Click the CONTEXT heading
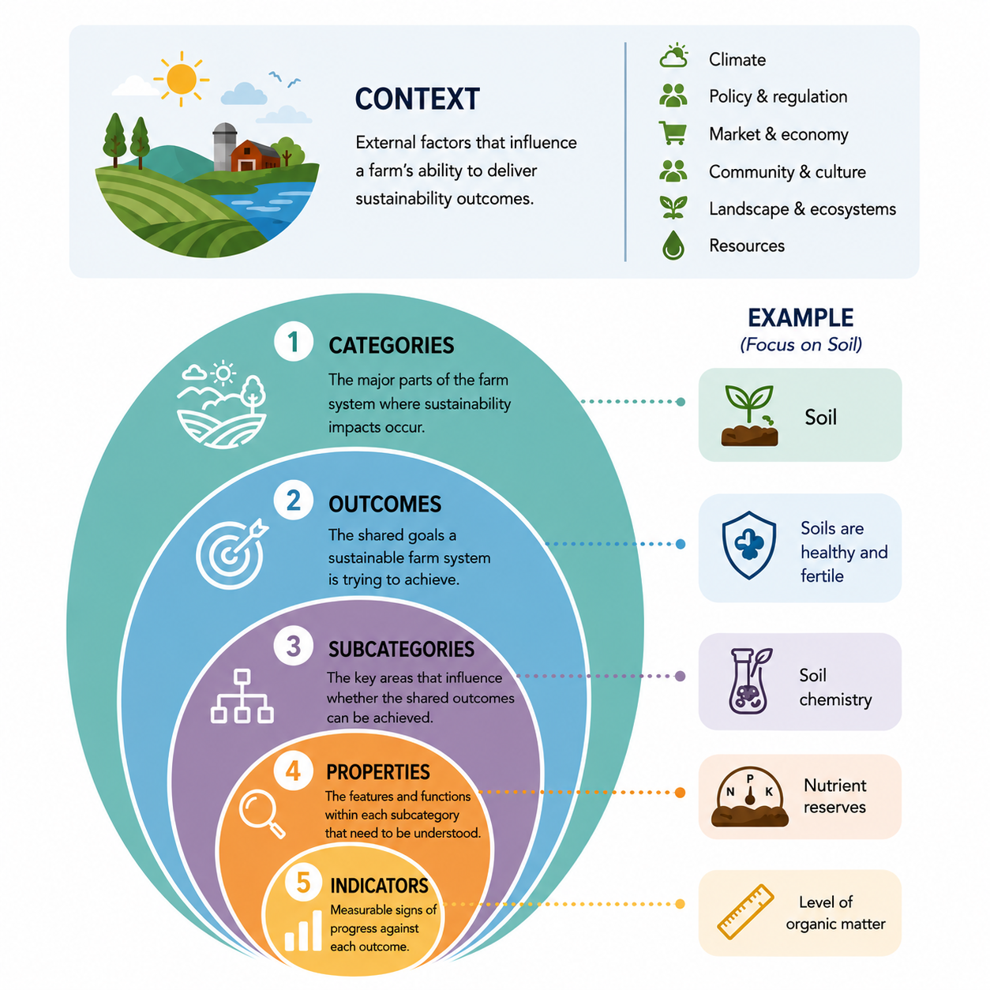(x=417, y=99)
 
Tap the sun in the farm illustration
(x=182, y=79)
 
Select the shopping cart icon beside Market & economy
(x=673, y=133)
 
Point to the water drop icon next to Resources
(x=673, y=245)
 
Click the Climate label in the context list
(x=737, y=59)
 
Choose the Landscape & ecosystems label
(x=802, y=208)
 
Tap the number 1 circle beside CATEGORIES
(x=294, y=342)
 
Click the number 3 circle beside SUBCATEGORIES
(x=294, y=646)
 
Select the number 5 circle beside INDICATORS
(x=304, y=883)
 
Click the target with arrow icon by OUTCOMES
(x=232, y=553)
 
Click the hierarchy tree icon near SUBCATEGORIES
(x=242, y=696)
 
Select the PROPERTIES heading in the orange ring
(x=377, y=771)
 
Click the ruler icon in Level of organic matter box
(x=745, y=911)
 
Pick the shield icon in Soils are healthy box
(x=749, y=545)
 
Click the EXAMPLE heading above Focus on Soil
(x=801, y=317)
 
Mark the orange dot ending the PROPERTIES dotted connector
(x=681, y=792)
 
